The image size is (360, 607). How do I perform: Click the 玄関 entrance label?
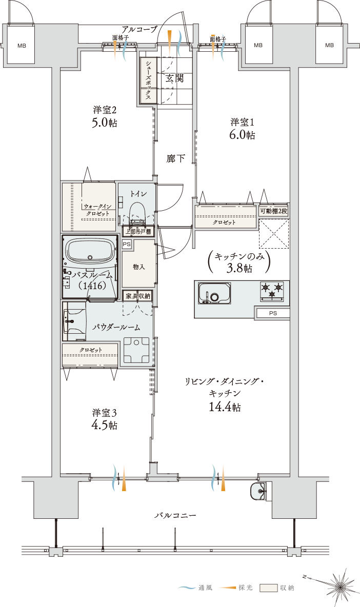(x=174, y=78)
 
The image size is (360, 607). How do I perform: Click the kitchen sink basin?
(x=214, y=293)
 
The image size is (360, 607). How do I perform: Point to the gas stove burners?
(x=272, y=291)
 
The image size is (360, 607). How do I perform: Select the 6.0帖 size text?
(x=242, y=135)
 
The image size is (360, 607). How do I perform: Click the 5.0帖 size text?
(x=104, y=123)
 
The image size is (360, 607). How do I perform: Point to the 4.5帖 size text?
(x=104, y=424)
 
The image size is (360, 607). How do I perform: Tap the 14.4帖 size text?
(x=225, y=407)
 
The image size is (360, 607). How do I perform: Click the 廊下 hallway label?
(x=176, y=158)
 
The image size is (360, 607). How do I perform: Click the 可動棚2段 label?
(x=273, y=211)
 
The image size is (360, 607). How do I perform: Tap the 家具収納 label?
(x=137, y=296)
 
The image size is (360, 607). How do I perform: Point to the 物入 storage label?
(x=138, y=267)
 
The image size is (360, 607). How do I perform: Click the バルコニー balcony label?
(x=176, y=516)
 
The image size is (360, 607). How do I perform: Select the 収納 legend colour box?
(x=269, y=588)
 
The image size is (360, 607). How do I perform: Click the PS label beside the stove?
(x=273, y=313)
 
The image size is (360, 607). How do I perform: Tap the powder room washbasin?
(x=74, y=321)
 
